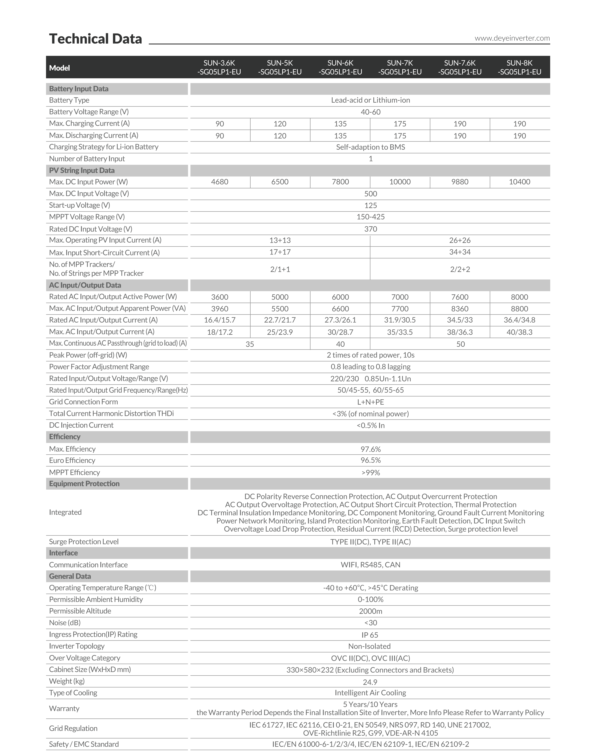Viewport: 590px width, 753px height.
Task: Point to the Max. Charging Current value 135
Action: click(340, 124)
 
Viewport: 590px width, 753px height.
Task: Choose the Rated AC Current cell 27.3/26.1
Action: click(340, 320)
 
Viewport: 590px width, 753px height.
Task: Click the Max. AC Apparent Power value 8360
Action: click(460, 309)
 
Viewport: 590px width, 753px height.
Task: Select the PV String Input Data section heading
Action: click(82, 170)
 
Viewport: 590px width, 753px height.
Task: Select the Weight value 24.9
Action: click(370, 682)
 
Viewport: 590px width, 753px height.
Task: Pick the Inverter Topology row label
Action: click(77, 646)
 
